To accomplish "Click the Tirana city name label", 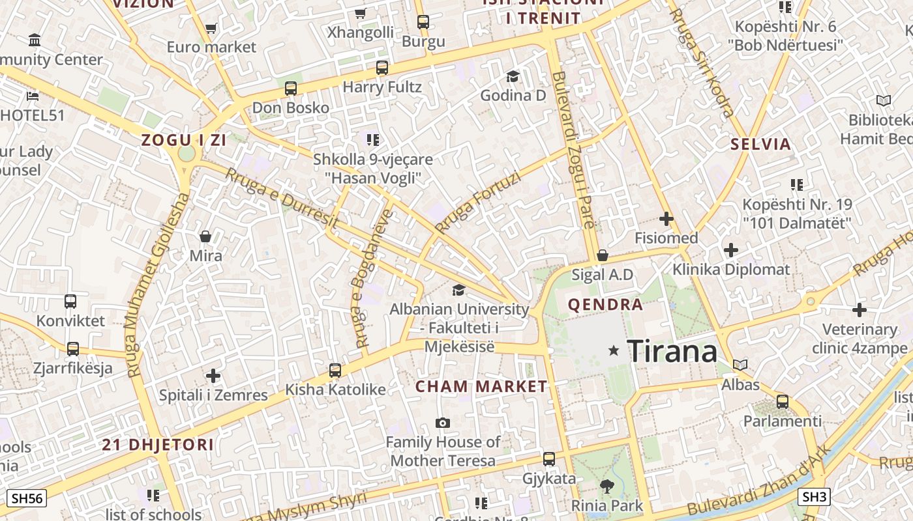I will pos(672,351).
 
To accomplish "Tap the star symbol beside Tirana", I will pos(613,350).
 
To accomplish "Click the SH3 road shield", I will pos(815,497).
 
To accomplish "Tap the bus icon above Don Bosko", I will pos(291,88).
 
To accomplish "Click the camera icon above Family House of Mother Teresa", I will pos(443,423).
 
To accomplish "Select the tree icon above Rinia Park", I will pos(606,486).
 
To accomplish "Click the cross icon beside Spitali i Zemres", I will pos(213,376).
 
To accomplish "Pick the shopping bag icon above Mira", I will pos(205,236).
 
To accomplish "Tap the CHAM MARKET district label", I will pos(481,386).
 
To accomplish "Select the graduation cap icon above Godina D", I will pos(513,76).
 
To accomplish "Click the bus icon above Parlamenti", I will pos(783,402).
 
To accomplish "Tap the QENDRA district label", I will pos(605,304).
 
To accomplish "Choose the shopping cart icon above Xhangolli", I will pos(360,13).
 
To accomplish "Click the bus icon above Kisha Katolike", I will pos(335,370).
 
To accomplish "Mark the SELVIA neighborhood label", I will pos(760,144).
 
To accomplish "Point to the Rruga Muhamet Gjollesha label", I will pos(157,285).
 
